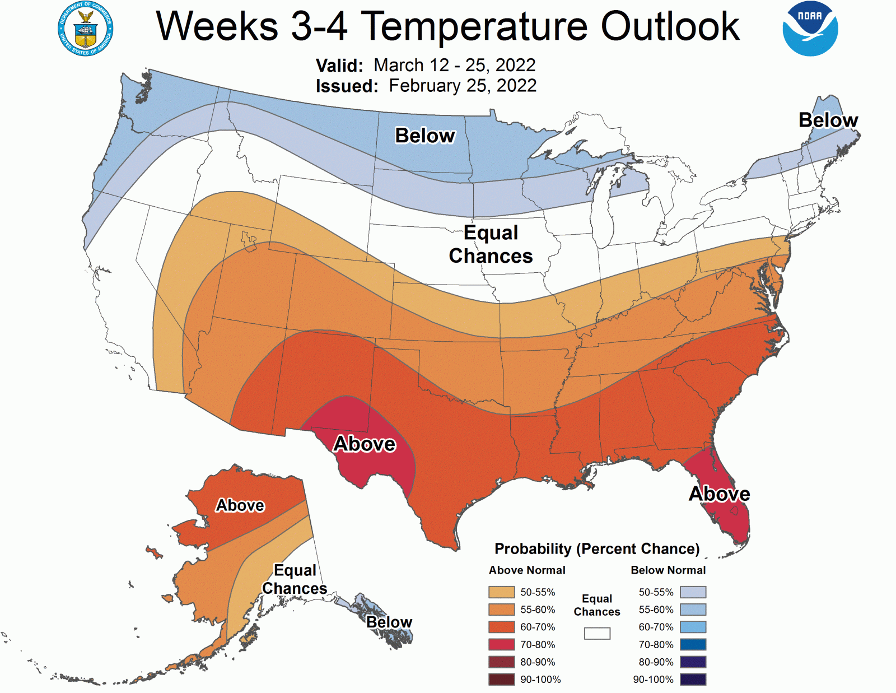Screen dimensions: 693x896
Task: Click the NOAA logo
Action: pyautogui.click(x=810, y=29)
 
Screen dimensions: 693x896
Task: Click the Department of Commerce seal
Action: pyautogui.click(x=86, y=29)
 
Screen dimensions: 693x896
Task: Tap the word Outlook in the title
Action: pyautogui.click(x=670, y=26)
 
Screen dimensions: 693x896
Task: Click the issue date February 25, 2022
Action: pyautogui.click(x=463, y=86)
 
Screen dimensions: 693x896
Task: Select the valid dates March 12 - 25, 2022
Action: pyautogui.click(x=454, y=65)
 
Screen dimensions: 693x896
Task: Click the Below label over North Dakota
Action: pyautogui.click(x=425, y=136)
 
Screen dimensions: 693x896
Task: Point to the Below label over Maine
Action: pyautogui.click(x=828, y=120)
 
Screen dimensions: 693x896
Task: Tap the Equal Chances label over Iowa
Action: pyautogui.click(x=491, y=244)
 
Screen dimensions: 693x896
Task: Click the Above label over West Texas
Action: pyautogui.click(x=365, y=444)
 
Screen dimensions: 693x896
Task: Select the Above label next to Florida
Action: pyautogui.click(x=719, y=494)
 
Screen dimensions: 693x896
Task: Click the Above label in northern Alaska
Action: pyautogui.click(x=240, y=505)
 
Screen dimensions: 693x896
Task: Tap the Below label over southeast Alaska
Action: pyautogui.click(x=389, y=622)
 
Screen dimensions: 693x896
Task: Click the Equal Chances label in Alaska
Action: pyautogui.click(x=295, y=579)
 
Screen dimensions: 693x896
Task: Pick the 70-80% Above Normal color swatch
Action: pyautogui.click(x=501, y=644)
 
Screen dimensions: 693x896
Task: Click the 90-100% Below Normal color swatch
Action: pyautogui.click(x=693, y=680)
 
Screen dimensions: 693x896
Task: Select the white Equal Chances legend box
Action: pyautogui.click(x=597, y=633)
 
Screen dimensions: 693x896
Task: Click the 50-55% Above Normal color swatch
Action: pyautogui.click(x=501, y=592)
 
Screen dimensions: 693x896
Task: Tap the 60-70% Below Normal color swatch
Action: pyautogui.click(x=693, y=627)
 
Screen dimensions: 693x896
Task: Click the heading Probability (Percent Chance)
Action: pyautogui.click(x=597, y=548)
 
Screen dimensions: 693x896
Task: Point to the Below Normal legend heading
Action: pyautogui.click(x=668, y=570)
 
